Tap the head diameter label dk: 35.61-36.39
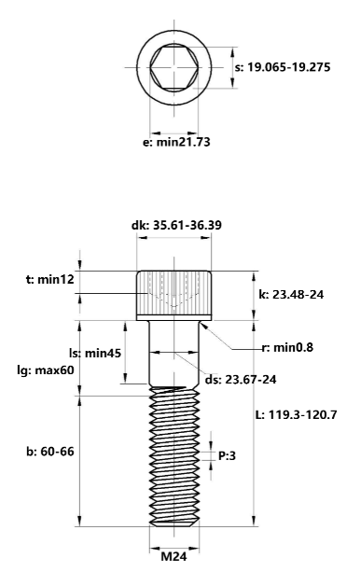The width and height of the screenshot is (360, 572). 176,225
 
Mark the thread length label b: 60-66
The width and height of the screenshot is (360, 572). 49,451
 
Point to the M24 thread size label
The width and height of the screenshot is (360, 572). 175,558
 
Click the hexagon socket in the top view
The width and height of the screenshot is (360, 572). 175,67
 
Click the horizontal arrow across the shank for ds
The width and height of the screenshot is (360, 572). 175,354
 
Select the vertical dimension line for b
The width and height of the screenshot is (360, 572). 81,457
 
